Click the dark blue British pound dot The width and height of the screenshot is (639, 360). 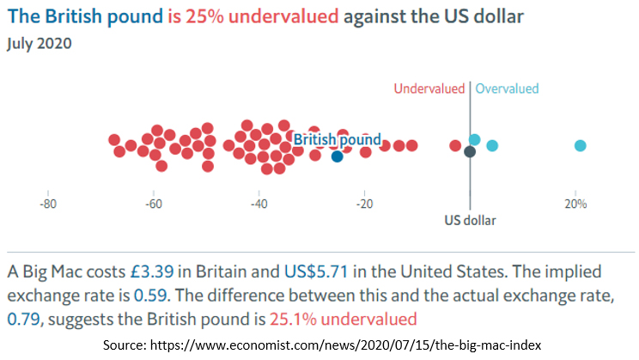click(338, 156)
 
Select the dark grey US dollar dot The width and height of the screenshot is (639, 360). click(470, 152)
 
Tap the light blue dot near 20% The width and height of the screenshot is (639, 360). click(581, 145)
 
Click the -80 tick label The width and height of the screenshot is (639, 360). click(48, 204)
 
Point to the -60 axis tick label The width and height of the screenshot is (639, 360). click(153, 204)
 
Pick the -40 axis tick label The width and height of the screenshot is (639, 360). click(259, 204)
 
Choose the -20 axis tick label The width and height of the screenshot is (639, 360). click(364, 204)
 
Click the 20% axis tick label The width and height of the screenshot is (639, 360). click(575, 204)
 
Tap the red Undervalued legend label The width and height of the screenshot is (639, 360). click(429, 88)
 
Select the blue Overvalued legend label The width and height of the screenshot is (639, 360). click(507, 88)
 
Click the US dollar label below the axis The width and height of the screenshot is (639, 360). click(470, 220)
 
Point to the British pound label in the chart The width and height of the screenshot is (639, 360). click(337, 139)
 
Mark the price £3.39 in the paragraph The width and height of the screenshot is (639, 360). click(152, 272)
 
